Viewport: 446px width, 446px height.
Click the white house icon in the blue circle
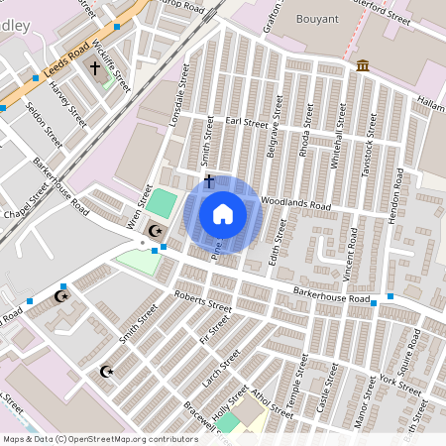(x=223, y=213)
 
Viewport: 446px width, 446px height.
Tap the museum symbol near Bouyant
(x=363, y=65)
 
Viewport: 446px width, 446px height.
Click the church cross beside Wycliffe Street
(x=96, y=68)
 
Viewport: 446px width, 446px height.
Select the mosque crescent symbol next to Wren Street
(x=155, y=230)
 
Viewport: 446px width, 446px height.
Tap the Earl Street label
(x=247, y=123)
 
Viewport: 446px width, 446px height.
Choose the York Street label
(x=400, y=382)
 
